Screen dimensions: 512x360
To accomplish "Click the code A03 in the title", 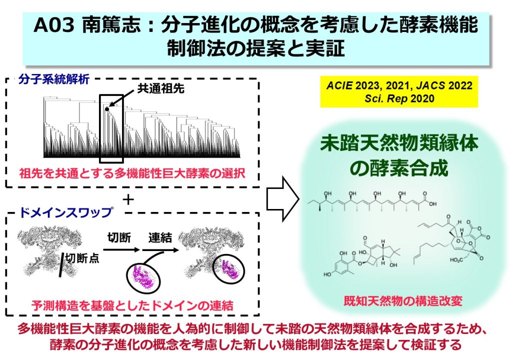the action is click(x=53, y=25).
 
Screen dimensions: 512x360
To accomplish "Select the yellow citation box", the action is click(x=399, y=92).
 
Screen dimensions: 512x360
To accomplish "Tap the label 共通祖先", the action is click(x=160, y=88).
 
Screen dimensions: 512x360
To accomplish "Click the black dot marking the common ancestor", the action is click(x=107, y=108).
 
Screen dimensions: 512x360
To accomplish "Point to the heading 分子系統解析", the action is click(x=53, y=79).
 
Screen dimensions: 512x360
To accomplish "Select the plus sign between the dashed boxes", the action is click(x=128, y=199).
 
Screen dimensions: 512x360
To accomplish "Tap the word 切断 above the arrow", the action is click(x=119, y=237).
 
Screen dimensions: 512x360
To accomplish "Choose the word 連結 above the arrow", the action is click(x=160, y=237).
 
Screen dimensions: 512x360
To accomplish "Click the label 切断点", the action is click(x=82, y=258).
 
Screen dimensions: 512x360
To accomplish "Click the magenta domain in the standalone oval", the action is click(x=142, y=275).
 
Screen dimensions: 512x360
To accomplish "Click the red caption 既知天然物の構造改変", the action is click(x=403, y=300).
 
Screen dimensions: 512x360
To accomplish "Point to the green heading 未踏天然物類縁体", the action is click(x=399, y=143).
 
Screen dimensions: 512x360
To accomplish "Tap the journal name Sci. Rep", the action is click(x=386, y=98).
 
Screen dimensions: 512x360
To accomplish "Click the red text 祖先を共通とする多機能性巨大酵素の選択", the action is click(x=132, y=173).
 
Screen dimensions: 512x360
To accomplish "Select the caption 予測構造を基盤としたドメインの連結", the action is click(x=132, y=305).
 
